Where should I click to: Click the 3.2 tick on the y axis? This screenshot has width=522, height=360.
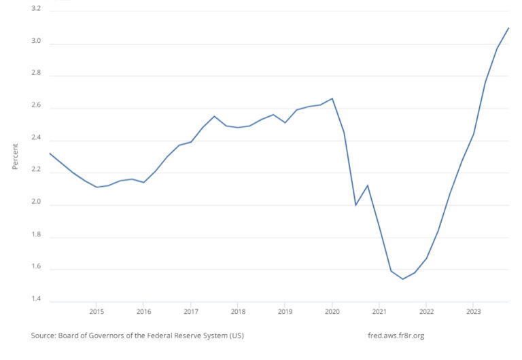point(35,10)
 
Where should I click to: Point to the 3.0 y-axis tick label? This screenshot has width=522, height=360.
point(35,42)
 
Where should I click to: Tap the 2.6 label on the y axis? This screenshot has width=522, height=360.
point(35,106)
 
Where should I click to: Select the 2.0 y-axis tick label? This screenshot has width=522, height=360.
point(35,203)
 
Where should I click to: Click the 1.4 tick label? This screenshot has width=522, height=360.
point(35,300)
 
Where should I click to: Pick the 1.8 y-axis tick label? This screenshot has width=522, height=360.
point(35,236)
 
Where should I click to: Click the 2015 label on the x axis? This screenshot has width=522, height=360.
point(97,312)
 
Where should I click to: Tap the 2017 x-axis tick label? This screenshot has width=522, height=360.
point(191,312)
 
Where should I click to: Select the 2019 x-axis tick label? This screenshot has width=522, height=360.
point(285,312)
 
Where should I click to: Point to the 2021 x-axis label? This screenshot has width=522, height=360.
point(379,312)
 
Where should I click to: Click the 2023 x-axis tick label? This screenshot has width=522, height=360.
point(474,312)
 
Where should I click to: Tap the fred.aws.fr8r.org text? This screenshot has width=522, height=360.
point(395,336)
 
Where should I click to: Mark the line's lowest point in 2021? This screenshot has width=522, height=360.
point(403,278)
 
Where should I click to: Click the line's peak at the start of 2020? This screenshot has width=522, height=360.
point(332,98)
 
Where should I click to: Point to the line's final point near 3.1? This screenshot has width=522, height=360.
point(508,28)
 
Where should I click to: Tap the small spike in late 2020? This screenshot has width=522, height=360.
point(368,185)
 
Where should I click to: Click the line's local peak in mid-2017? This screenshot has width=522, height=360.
point(215,116)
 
